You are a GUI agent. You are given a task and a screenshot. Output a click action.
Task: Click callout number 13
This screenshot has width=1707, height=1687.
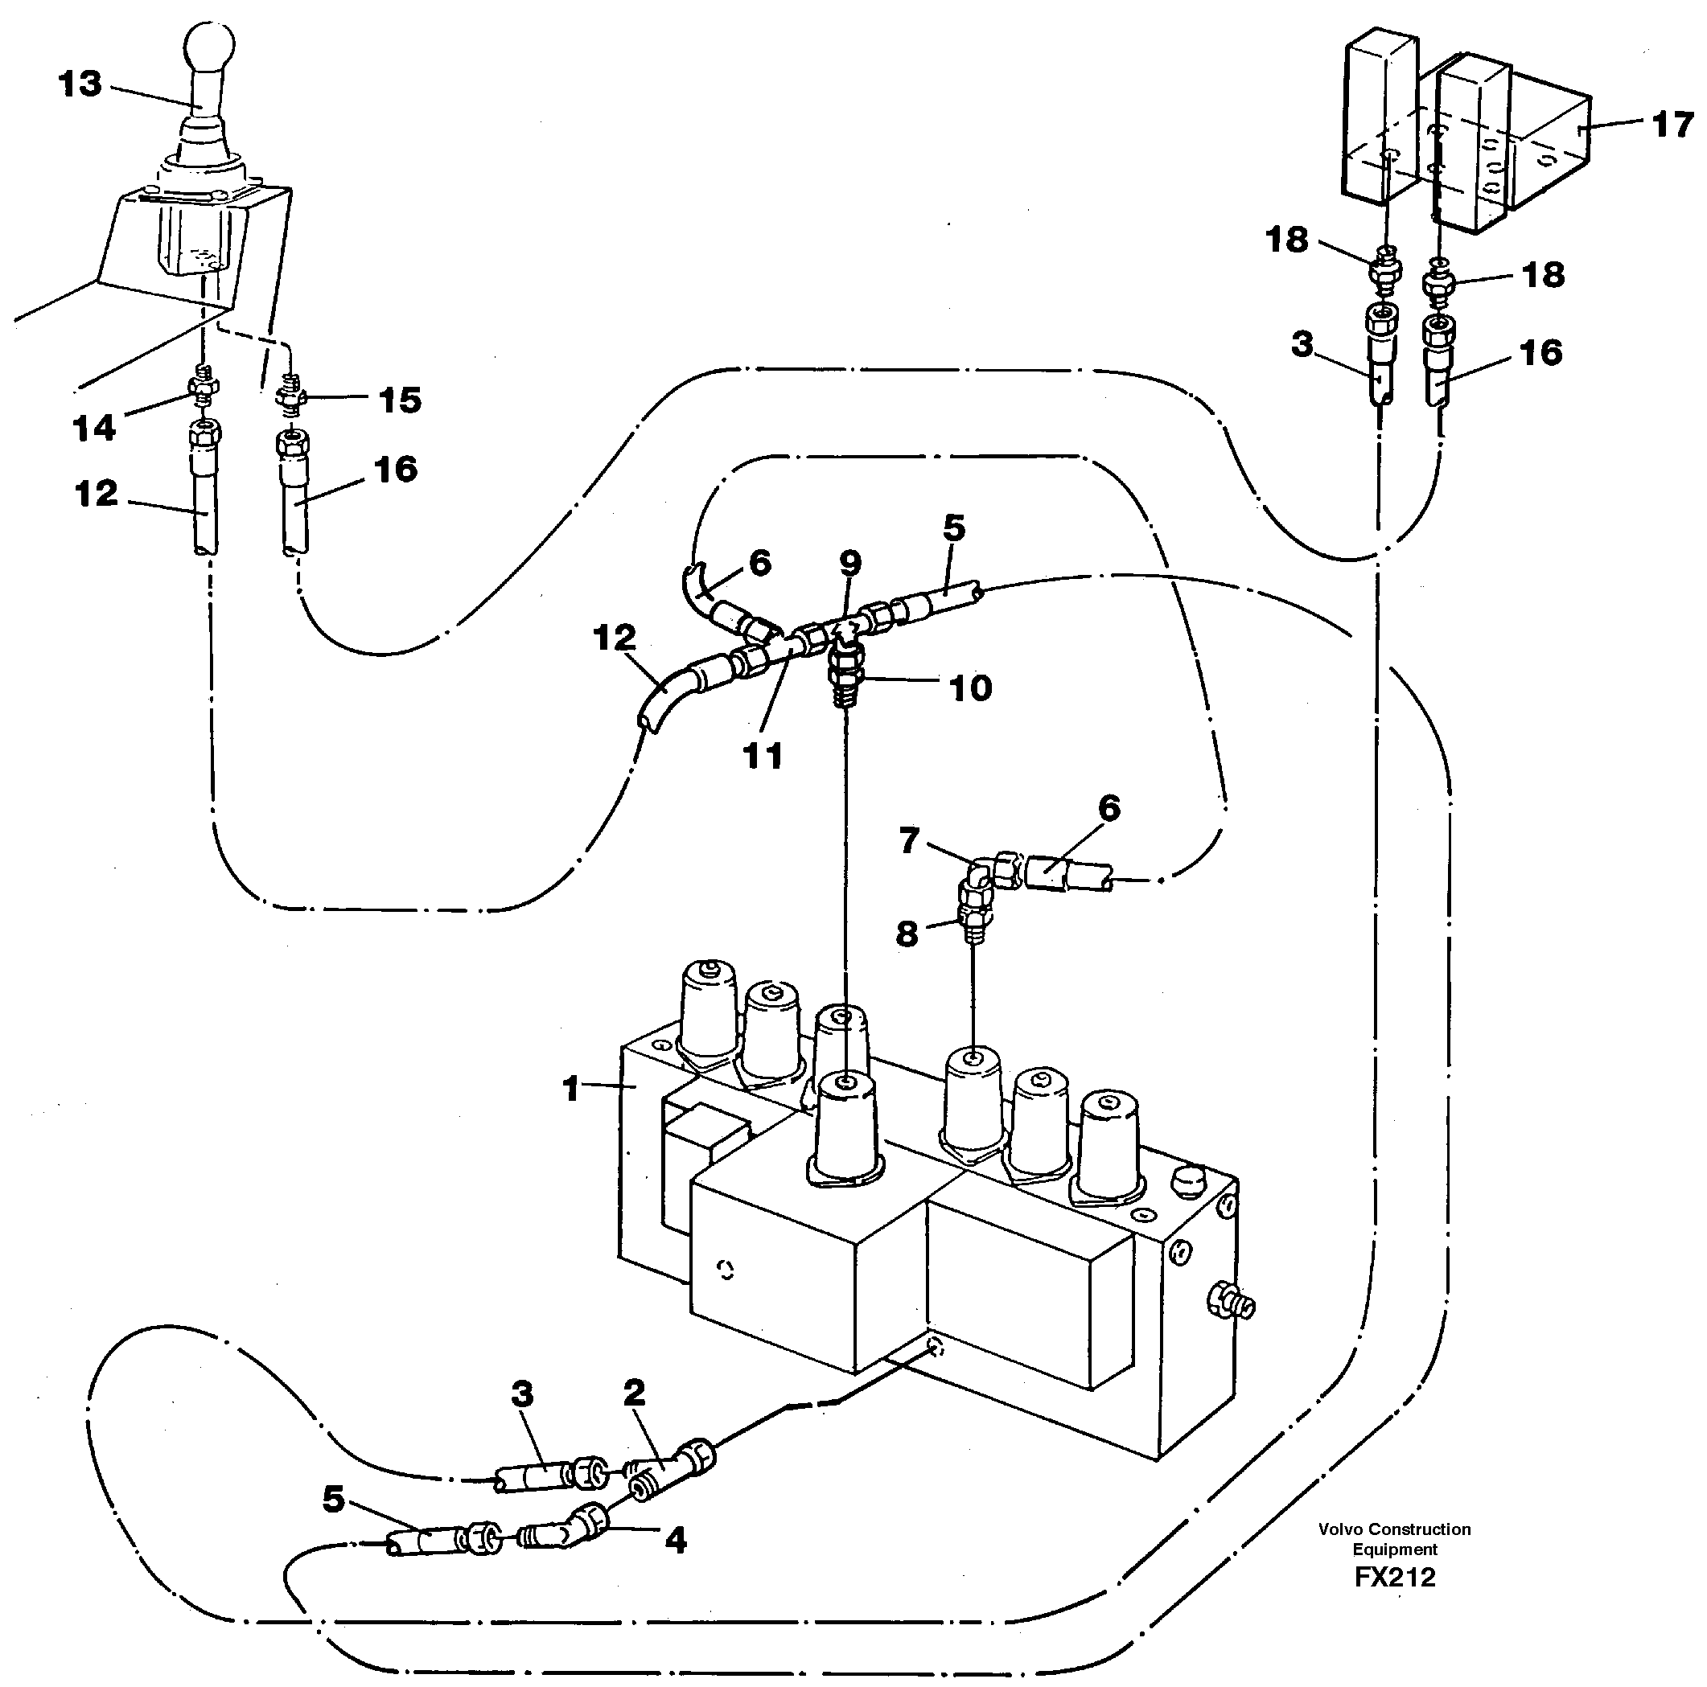click(80, 84)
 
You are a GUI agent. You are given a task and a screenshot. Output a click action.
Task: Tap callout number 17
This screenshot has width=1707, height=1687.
click(1672, 125)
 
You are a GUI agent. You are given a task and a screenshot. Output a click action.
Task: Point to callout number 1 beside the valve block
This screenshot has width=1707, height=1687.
click(572, 1088)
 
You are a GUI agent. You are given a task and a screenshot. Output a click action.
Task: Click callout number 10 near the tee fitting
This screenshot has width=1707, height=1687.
click(970, 688)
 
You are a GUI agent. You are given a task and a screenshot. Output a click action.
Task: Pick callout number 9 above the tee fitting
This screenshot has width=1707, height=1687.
click(850, 563)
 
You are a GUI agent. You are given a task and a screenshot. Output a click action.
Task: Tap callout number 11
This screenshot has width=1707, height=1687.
click(763, 756)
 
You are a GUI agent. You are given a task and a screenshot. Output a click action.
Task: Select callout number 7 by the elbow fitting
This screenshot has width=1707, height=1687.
click(910, 841)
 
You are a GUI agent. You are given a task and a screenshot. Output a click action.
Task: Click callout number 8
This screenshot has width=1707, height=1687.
click(907, 934)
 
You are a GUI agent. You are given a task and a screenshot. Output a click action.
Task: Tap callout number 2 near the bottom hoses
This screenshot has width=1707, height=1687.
click(634, 1393)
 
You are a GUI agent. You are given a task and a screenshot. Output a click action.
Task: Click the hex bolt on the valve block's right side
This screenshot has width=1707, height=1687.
click(1229, 1325)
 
